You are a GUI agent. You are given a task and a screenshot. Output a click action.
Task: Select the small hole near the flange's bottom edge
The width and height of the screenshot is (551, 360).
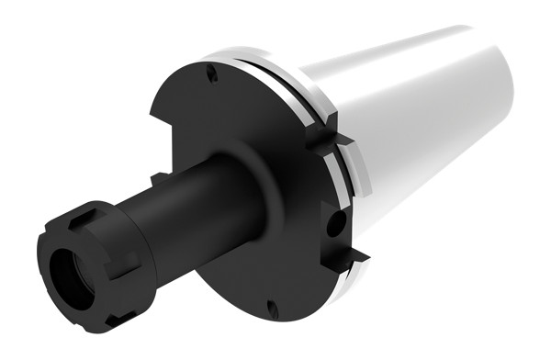click(271, 306)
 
